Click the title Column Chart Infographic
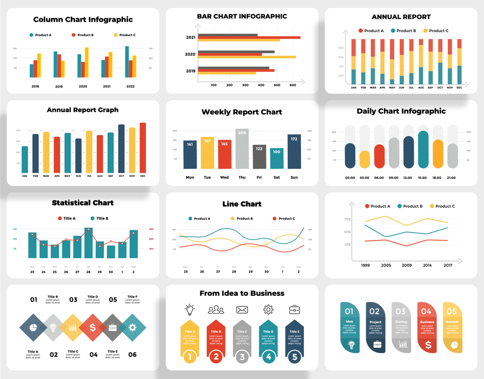tap(83, 20)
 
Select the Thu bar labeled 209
tap(242, 149)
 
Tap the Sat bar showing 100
tap(276, 158)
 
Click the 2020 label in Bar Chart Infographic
tap(190, 54)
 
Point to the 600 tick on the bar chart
tap(292, 85)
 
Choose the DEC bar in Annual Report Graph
tap(143, 148)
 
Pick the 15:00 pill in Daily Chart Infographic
tap(423, 150)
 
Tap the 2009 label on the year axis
tap(407, 265)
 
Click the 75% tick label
tap(347, 219)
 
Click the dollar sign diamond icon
tap(92, 328)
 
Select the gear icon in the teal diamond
tap(132, 328)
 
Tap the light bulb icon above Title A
tap(190, 309)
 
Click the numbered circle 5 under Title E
tap(295, 357)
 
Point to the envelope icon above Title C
tap(242, 310)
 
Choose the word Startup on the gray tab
tap(401, 322)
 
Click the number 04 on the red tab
tap(426, 311)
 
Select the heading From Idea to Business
tap(242, 293)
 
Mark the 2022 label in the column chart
tap(131, 87)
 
